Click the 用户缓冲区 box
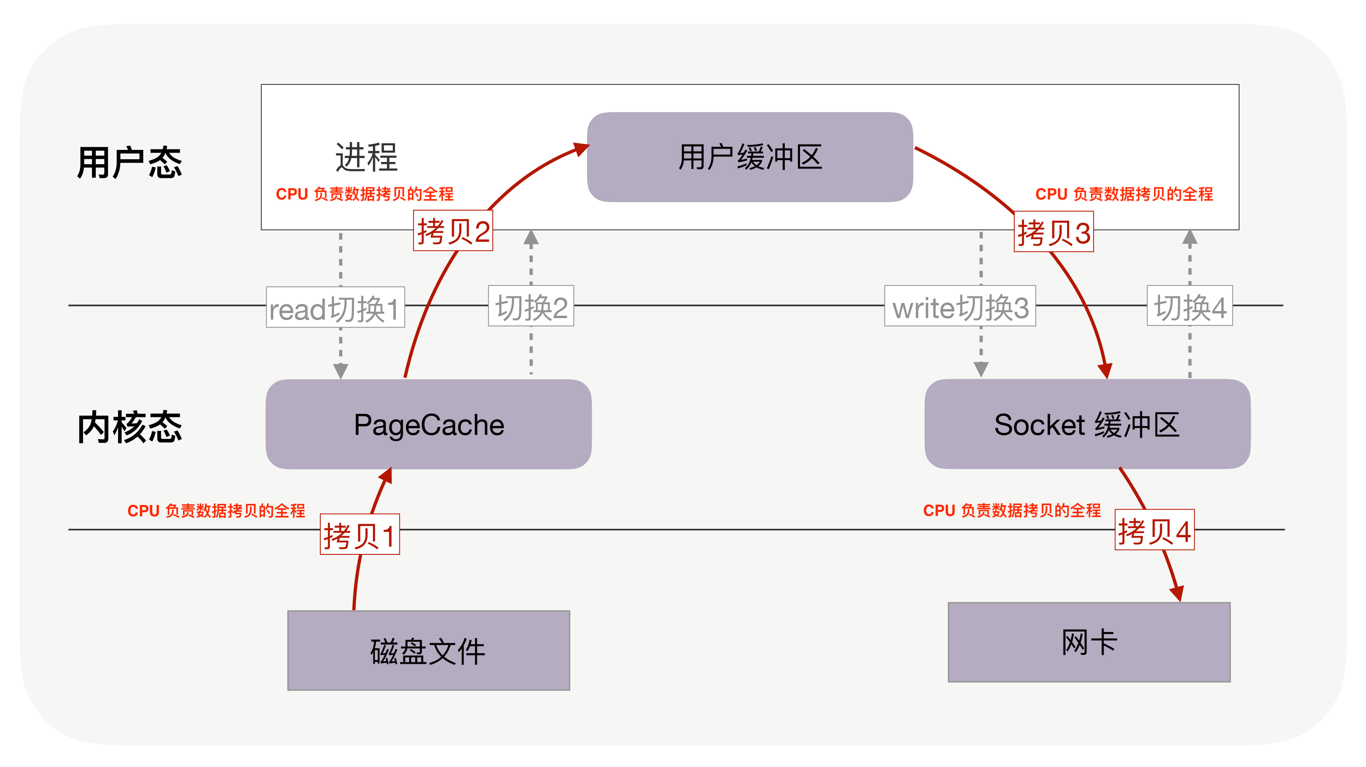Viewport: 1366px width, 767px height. tap(750, 157)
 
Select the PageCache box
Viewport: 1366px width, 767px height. tap(429, 424)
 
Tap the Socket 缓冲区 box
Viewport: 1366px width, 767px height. tap(1087, 424)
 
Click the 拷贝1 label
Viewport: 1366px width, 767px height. tap(360, 535)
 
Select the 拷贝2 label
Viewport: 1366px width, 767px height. tap(453, 231)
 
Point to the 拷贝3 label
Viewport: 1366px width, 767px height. tap(1054, 232)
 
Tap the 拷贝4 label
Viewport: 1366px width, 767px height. tap(1154, 530)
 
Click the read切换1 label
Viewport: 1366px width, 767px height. tap(335, 308)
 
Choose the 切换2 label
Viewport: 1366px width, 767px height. tap(531, 306)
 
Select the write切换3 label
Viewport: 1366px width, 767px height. tap(960, 306)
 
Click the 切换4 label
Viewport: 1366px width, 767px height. tap(1189, 306)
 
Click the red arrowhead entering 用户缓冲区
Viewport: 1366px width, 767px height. tap(581, 148)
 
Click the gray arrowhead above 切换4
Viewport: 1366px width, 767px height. tap(1190, 237)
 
